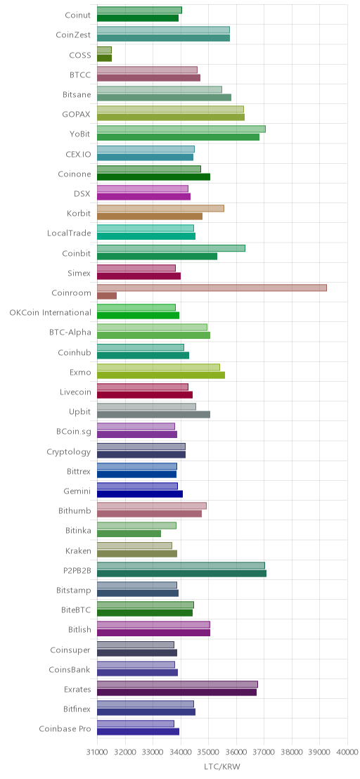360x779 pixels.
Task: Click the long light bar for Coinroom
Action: coord(212,288)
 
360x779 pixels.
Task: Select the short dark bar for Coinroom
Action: coord(107,295)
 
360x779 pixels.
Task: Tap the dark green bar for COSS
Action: coord(104,58)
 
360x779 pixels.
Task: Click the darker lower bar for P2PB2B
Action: coord(181,573)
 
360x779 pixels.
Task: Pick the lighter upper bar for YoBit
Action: coord(181,129)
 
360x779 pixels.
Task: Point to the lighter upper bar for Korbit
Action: coord(160,208)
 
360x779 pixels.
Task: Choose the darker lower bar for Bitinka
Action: coord(129,534)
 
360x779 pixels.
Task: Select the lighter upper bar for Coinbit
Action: coord(171,248)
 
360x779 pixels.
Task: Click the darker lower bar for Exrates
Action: coord(176,692)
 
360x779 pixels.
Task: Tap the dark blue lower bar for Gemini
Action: coord(140,494)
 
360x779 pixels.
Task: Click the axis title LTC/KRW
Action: coord(222,767)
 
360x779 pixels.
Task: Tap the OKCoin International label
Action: coord(50,312)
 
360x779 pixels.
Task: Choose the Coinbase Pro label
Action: coord(65,729)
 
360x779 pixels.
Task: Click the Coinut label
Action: coord(78,15)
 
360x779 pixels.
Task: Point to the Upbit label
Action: coord(80,413)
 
